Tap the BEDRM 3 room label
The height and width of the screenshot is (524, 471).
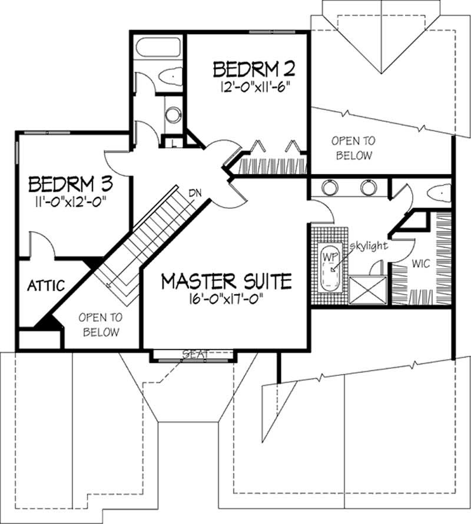coord(71,183)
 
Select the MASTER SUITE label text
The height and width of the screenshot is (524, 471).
coord(227,281)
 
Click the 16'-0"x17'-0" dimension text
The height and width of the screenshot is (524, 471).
coord(227,298)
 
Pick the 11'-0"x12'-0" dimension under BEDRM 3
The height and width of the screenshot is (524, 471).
coord(71,201)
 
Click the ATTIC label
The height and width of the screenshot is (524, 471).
coord(45,286)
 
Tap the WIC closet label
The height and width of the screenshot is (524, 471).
coord(421,264)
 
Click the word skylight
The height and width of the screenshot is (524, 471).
coord(369,246)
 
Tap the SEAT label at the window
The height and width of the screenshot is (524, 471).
coord(194,354)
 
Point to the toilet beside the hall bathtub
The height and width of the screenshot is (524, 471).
coord(171,76)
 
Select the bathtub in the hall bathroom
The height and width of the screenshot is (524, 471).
coord(157,47)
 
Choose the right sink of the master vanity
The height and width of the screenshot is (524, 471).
coord(369,188)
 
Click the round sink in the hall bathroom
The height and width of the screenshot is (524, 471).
coord(173,115)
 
